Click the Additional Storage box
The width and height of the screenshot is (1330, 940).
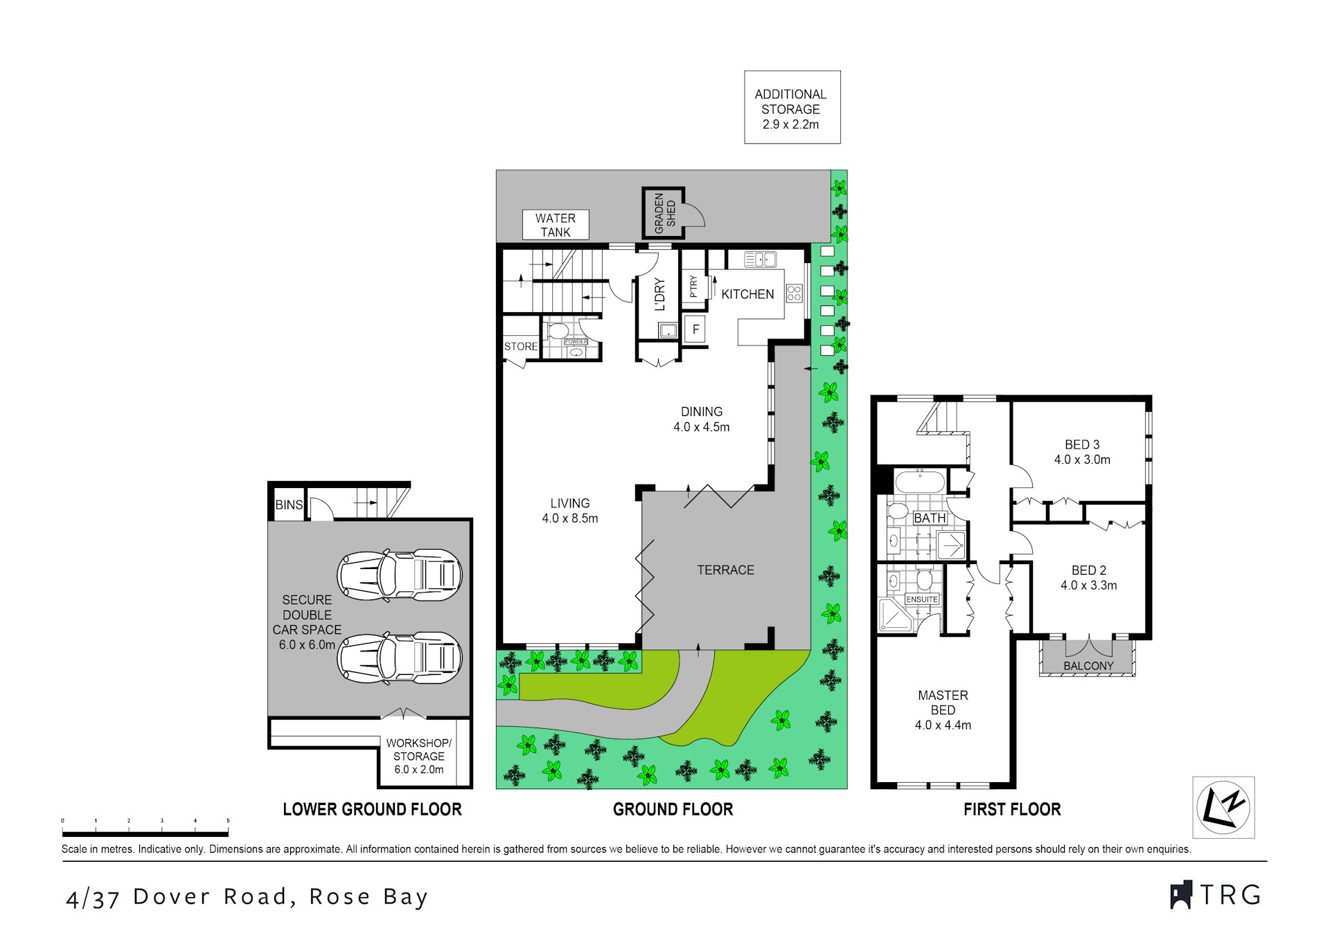(792, 108)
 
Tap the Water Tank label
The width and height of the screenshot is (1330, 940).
(555, 225)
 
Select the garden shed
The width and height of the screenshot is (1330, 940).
(664, 213)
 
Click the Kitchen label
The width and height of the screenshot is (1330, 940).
(747, 294)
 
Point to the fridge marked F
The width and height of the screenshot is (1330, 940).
(695, 329)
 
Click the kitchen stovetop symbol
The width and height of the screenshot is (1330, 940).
(794, 293)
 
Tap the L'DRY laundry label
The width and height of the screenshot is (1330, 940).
(659, 294)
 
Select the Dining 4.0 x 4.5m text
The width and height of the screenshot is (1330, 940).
(701, 419)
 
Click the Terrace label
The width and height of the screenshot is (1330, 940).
(725, 570)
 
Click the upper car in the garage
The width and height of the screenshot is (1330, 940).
(400, 575)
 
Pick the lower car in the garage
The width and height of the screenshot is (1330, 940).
(400, 658)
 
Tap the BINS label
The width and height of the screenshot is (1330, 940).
(289, 505)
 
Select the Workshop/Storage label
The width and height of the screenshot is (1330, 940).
(418, 756)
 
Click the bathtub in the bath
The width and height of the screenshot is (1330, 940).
(919, 481)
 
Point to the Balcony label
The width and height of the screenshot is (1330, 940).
(1088, 665)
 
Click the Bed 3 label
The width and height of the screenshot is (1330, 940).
(1081, 452)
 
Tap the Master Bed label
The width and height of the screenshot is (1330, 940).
(942, 709)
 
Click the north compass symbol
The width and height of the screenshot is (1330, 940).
(1223, 807)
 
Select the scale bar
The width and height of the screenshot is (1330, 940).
(145, 833)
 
